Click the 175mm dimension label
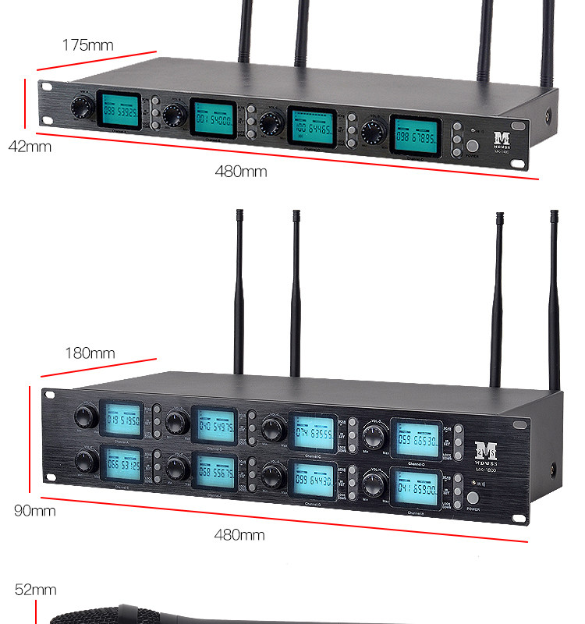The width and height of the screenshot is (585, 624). click(x=88, y=45)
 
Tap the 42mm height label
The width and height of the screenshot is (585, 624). click(x=30, y=146)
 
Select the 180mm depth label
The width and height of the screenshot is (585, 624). click(x=90, y=353)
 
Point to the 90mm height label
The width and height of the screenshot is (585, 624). click(x=35, y=511)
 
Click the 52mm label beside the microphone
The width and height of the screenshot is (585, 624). click(x=36, y=590)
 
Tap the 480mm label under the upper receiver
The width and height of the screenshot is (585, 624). click(x=240, y=172)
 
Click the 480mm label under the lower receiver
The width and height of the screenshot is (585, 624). click(x=239, y=535)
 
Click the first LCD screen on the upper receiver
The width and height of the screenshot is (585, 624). click(x=119, y=112)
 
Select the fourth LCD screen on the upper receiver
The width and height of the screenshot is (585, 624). click(x=415, y=136)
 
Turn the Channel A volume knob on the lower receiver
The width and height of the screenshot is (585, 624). click(x=83, y=417)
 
